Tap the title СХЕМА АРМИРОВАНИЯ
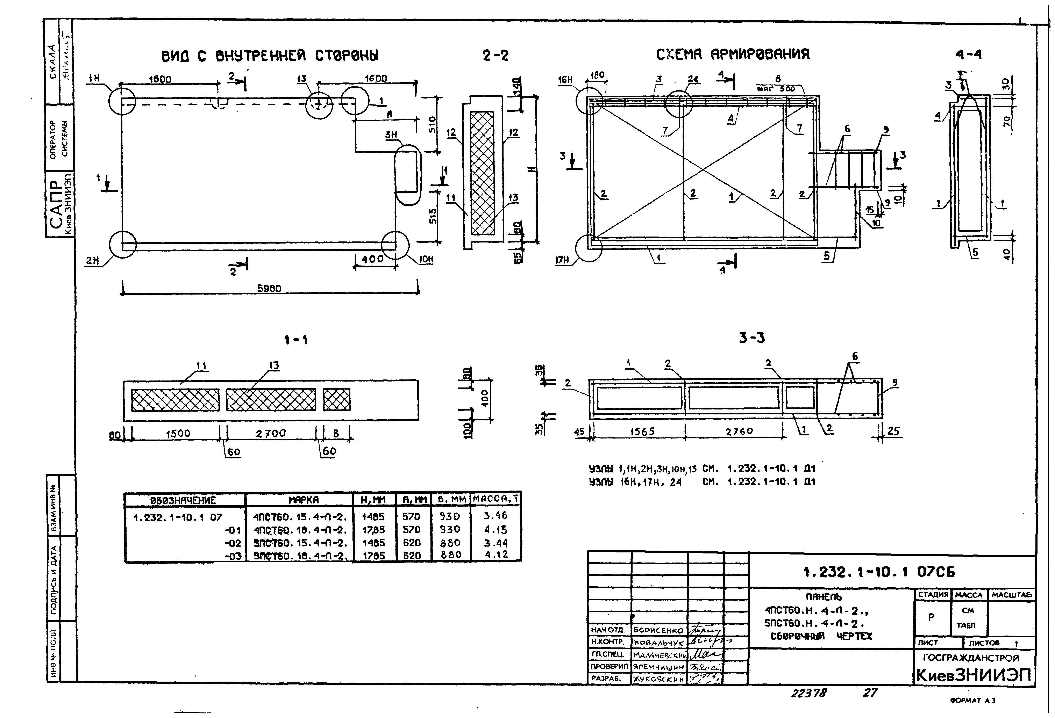(733, 55)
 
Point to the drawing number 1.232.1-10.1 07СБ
(879, 572)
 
